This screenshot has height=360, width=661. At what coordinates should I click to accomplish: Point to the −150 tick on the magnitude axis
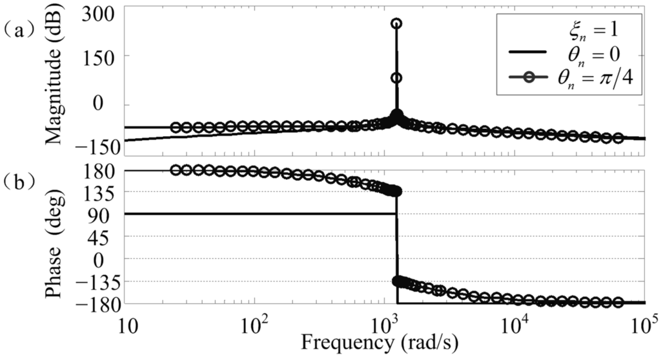pyautogui.click(x=97, y=146)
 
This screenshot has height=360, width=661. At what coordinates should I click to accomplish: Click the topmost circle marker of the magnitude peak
pyautogui.click(x=396, y=24)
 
